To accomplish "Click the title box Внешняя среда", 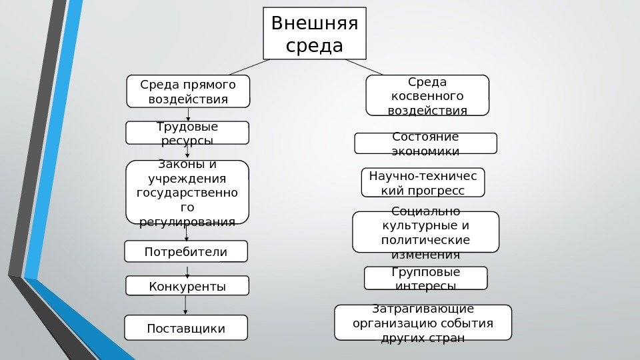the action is click(315, 33).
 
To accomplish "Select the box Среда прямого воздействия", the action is click(188, 91).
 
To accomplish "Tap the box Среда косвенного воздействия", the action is click(427, 95).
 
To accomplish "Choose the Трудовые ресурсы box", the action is click(187, 133).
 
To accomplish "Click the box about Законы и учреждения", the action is click(187, 192).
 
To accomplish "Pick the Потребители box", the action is click(186, 251).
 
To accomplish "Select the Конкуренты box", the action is click(187, 285).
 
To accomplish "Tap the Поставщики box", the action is click(186, 327).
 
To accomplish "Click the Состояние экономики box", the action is click(425, 143).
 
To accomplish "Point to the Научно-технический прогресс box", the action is click(423, 183).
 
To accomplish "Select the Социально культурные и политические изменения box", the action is click(425, 232).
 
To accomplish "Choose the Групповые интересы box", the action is click(425, 278).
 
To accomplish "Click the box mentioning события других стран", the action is click(423, 323).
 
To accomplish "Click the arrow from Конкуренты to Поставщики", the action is click(185, 305).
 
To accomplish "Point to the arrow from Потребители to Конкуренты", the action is click(187, 269).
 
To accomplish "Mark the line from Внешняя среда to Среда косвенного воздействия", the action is click(364, 67).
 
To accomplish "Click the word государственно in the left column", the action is click(187, 193).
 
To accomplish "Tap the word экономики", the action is click(426, 151).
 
